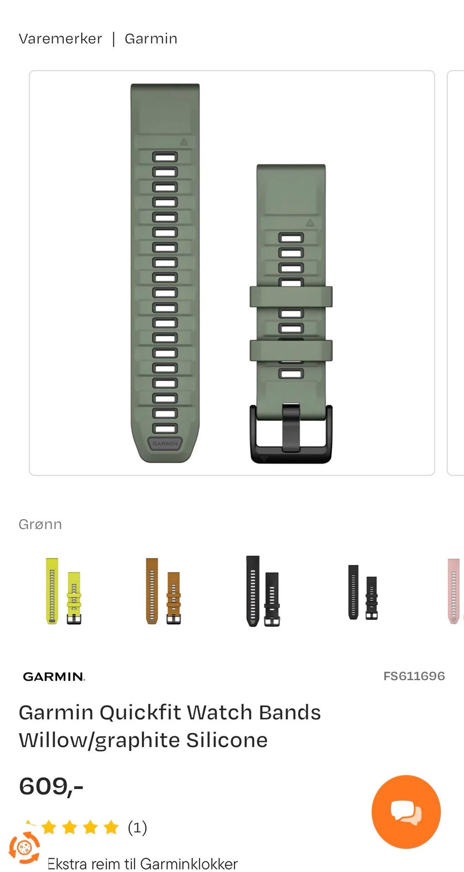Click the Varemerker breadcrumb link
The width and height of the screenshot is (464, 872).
point(60,39)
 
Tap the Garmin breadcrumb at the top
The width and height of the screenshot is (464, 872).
point(151,39)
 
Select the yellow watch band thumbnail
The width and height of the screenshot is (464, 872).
point(63,591)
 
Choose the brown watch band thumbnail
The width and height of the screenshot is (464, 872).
point(163,591)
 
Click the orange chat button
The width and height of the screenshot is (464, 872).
point(406,812)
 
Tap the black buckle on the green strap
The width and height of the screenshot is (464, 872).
point(291,433)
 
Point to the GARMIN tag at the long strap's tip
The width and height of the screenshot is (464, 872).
point(165,443)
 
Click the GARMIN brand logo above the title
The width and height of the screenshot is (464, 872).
point(54,676)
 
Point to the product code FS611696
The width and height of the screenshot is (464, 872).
point(414,676)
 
